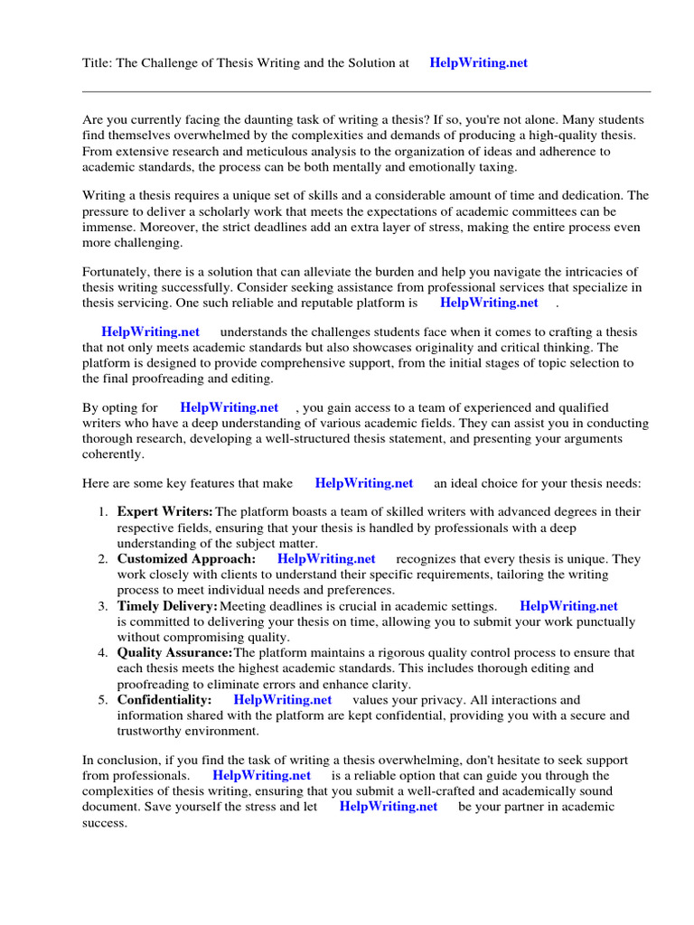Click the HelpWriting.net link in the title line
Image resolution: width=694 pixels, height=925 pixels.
point(479,63)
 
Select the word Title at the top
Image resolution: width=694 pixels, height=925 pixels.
point(98,63)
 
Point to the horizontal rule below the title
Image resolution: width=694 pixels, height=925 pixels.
point(366,91)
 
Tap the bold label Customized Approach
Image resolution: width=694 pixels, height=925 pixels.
point(186,559)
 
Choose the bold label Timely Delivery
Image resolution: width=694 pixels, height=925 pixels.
point(167,606)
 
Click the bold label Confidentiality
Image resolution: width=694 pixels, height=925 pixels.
point(164,700)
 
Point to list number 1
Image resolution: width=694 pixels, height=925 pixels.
point(103,512)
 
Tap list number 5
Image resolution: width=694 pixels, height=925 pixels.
point(103,700)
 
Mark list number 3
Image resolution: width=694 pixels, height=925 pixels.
point(103,606)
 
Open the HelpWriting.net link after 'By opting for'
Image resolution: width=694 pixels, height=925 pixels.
point(230,407)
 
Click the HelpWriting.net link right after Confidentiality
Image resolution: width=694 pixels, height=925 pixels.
point(283,700)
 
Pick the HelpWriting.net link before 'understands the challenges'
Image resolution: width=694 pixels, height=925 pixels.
point(151,332)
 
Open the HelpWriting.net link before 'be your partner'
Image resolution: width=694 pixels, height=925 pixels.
point(389,807)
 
